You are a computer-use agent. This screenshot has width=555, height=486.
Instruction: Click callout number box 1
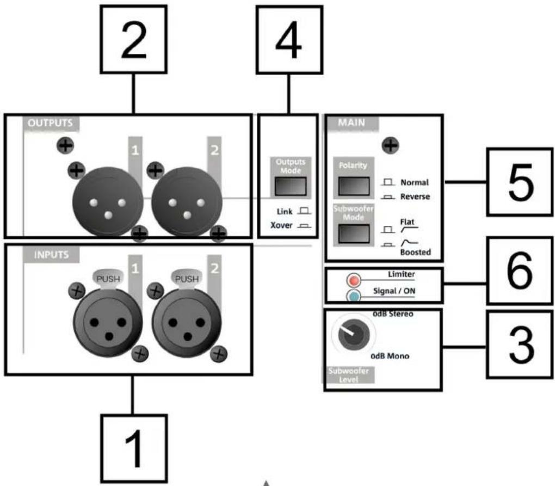pos(133,448)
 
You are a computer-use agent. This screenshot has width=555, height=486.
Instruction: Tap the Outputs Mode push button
pos(290,186)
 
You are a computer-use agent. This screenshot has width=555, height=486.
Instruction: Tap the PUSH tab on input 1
pos(107,279)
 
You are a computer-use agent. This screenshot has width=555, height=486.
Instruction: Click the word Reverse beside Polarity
pos(415,196)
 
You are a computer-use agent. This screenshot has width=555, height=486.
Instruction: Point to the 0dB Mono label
pos(390,356)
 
